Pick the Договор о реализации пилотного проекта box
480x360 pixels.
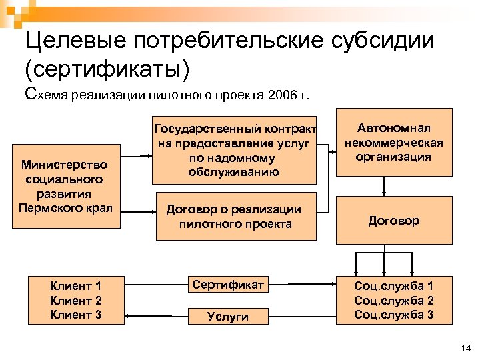[x=235, y=216]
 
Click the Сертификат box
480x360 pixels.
[x=228, y=285]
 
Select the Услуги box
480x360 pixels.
[x=228, y=317]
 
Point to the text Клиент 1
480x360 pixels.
[x=75, y=286]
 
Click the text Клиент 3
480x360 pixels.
[x=75, y=315]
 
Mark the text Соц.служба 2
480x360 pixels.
[x=394, y=301]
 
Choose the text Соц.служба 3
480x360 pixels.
[x=394, y=315]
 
